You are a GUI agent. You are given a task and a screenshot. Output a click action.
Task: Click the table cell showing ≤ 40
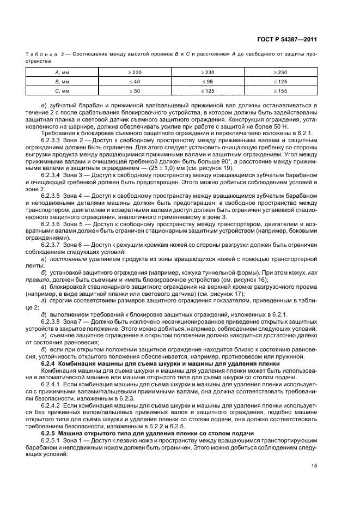[134, 81]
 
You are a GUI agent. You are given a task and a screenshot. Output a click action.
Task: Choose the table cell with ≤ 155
[280, 90]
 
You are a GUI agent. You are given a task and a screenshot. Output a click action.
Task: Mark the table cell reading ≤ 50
[134, 90]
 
